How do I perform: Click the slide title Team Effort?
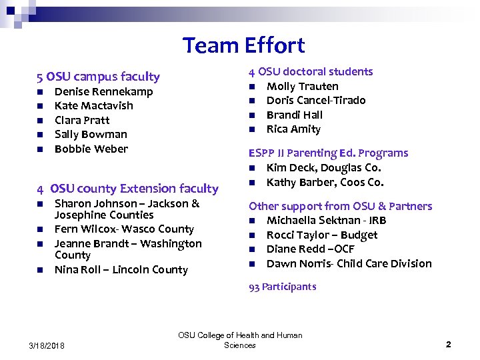[x=243, y=45]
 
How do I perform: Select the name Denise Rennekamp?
[x=103, y=91]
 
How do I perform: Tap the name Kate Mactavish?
[x=93, y=105]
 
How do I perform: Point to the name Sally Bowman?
[x=91, y=134]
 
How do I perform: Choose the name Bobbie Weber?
[x=91, y=149]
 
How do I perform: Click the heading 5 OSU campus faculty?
[x=98, y=77]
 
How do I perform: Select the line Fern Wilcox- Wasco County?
[x=124, y=229]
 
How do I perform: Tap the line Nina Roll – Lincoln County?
[x=121, y=269]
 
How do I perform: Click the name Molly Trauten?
[x=302, y=86]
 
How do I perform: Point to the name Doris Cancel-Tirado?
[x=316, y=100]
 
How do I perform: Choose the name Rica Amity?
[x=293, y=129]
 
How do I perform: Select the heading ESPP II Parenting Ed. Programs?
[x=328, y=153]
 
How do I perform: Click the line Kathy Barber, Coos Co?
[x=325, y=182]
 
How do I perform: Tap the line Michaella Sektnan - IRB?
[x=326, y=220]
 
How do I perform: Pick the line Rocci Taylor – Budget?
[x=321, y=235]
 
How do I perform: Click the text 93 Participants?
[x=282, y=287]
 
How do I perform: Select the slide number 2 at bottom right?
[x=448, y=345]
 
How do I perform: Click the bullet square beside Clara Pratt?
[x=40, y=121]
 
